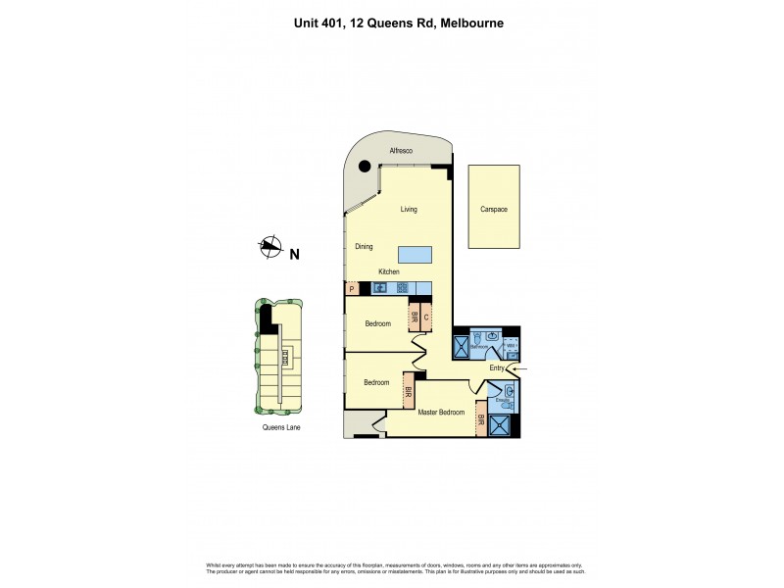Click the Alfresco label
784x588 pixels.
click(402, 151)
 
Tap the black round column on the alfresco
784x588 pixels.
click(366, 167)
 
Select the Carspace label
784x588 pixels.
click(493, 210)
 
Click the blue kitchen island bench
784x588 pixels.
click(415, 255)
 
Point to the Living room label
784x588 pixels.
click(409, 210)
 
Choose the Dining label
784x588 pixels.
click(364, 247)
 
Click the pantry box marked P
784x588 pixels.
click(351, 288)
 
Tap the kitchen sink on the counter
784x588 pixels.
click(381, 288)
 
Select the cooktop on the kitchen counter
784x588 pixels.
click(403, 288)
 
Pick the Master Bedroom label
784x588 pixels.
click(441, 413)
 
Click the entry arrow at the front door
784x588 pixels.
click(518, 368)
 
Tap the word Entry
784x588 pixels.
click(496, 368)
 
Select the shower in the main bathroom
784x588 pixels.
click(461, 347)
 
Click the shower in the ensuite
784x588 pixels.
click(500, 425)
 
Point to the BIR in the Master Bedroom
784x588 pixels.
click(480, 418)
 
